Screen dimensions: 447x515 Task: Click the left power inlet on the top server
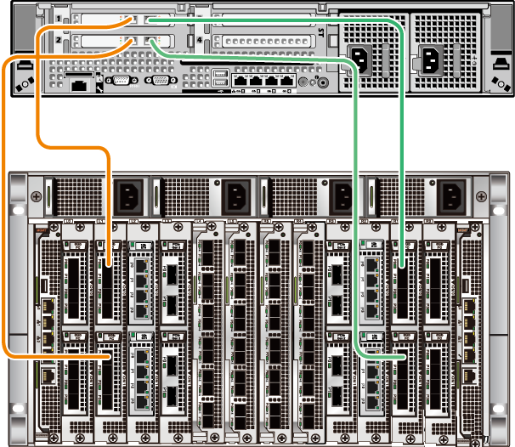point(359,60)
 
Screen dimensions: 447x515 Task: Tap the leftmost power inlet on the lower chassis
point(127,199)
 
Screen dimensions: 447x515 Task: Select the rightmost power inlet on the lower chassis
point(450,199)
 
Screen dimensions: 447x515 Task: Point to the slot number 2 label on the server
point(57,40)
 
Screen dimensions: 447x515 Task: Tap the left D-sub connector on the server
point(121,81)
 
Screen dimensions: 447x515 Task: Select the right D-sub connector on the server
point(158,81)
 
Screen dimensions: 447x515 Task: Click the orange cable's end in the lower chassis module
point(110,358)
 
